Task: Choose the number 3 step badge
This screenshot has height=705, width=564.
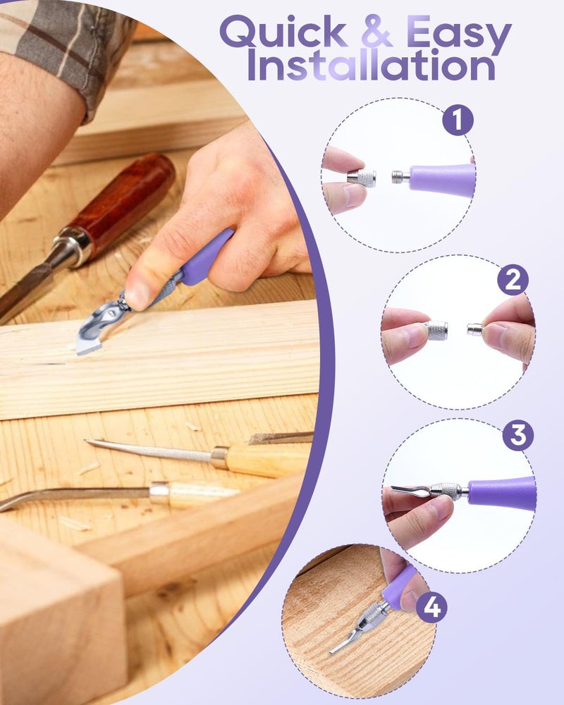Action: pyautogui.click(x=518, y=436)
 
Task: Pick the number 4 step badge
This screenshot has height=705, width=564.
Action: pyautogui.click(x=431, y=606)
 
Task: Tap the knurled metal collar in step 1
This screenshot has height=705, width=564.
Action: pyautogui.click(x=362, y=178)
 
